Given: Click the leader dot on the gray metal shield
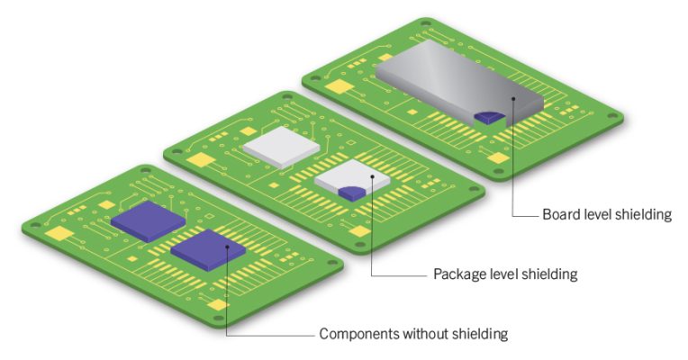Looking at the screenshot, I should (x=514, y=101).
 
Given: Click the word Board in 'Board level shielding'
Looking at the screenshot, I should (x=561, y=215).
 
